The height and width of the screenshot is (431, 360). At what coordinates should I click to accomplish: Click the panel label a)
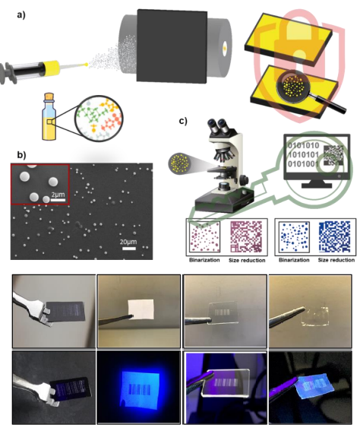coord(21,15)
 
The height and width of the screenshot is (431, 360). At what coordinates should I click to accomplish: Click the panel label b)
coord(21,155)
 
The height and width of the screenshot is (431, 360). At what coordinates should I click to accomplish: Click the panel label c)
coord(183,121)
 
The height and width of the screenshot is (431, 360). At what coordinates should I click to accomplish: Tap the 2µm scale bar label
coord(58,195)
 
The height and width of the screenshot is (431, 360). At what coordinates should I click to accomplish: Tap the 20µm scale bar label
coord(128,242)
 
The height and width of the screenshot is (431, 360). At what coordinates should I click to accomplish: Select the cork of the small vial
coord(49,97)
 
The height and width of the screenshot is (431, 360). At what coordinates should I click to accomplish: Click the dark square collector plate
coord(172,46)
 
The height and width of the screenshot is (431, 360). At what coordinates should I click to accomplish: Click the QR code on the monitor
coord(333,155)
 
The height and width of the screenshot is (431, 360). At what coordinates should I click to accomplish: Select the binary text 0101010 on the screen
coord(303,145)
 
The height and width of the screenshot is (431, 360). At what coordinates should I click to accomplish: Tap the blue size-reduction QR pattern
coord(334,236)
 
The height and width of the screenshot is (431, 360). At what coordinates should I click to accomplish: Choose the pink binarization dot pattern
coord(204,237)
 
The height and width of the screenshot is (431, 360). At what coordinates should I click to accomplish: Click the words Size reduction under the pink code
coord(247,260)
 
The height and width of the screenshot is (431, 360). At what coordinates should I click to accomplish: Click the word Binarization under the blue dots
coord(294,260)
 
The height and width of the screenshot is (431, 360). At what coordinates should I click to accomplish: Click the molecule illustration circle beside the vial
coord(99,119)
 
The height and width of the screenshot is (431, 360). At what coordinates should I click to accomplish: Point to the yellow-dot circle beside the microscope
coord(178,163)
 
